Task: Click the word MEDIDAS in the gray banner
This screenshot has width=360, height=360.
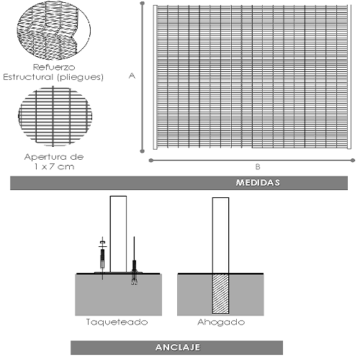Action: click(x=258, y=183)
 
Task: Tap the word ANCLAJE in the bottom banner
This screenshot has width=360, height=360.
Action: click(x=178, y=347)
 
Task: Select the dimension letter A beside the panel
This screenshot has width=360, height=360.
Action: click(x=132, y=76)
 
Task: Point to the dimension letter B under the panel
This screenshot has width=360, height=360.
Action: click(x=258, y=167)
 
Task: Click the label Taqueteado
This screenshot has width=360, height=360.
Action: click(x=117, y=322)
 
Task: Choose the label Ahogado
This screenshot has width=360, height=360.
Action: click(x=221, y=323)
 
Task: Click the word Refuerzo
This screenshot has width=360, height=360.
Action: click(x=54, y=67)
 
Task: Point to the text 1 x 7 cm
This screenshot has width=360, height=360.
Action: click(x=54, y=166)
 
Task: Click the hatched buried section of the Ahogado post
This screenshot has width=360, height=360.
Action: click(x=220, y=294)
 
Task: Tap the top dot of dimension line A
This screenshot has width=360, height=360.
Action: click(x=142, y=4)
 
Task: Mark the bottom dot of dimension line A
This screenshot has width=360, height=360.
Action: click(x=142, y=151)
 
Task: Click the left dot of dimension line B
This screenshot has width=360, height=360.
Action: click(x=151, y=161)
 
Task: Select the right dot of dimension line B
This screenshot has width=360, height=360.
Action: click(x=353, y=161)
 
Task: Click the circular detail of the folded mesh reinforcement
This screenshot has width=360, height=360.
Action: click(x=54, y=30)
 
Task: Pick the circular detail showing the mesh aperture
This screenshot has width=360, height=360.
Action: click(x=55, y=117)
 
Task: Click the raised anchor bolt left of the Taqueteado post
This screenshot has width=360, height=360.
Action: click(x=103, y=258)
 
